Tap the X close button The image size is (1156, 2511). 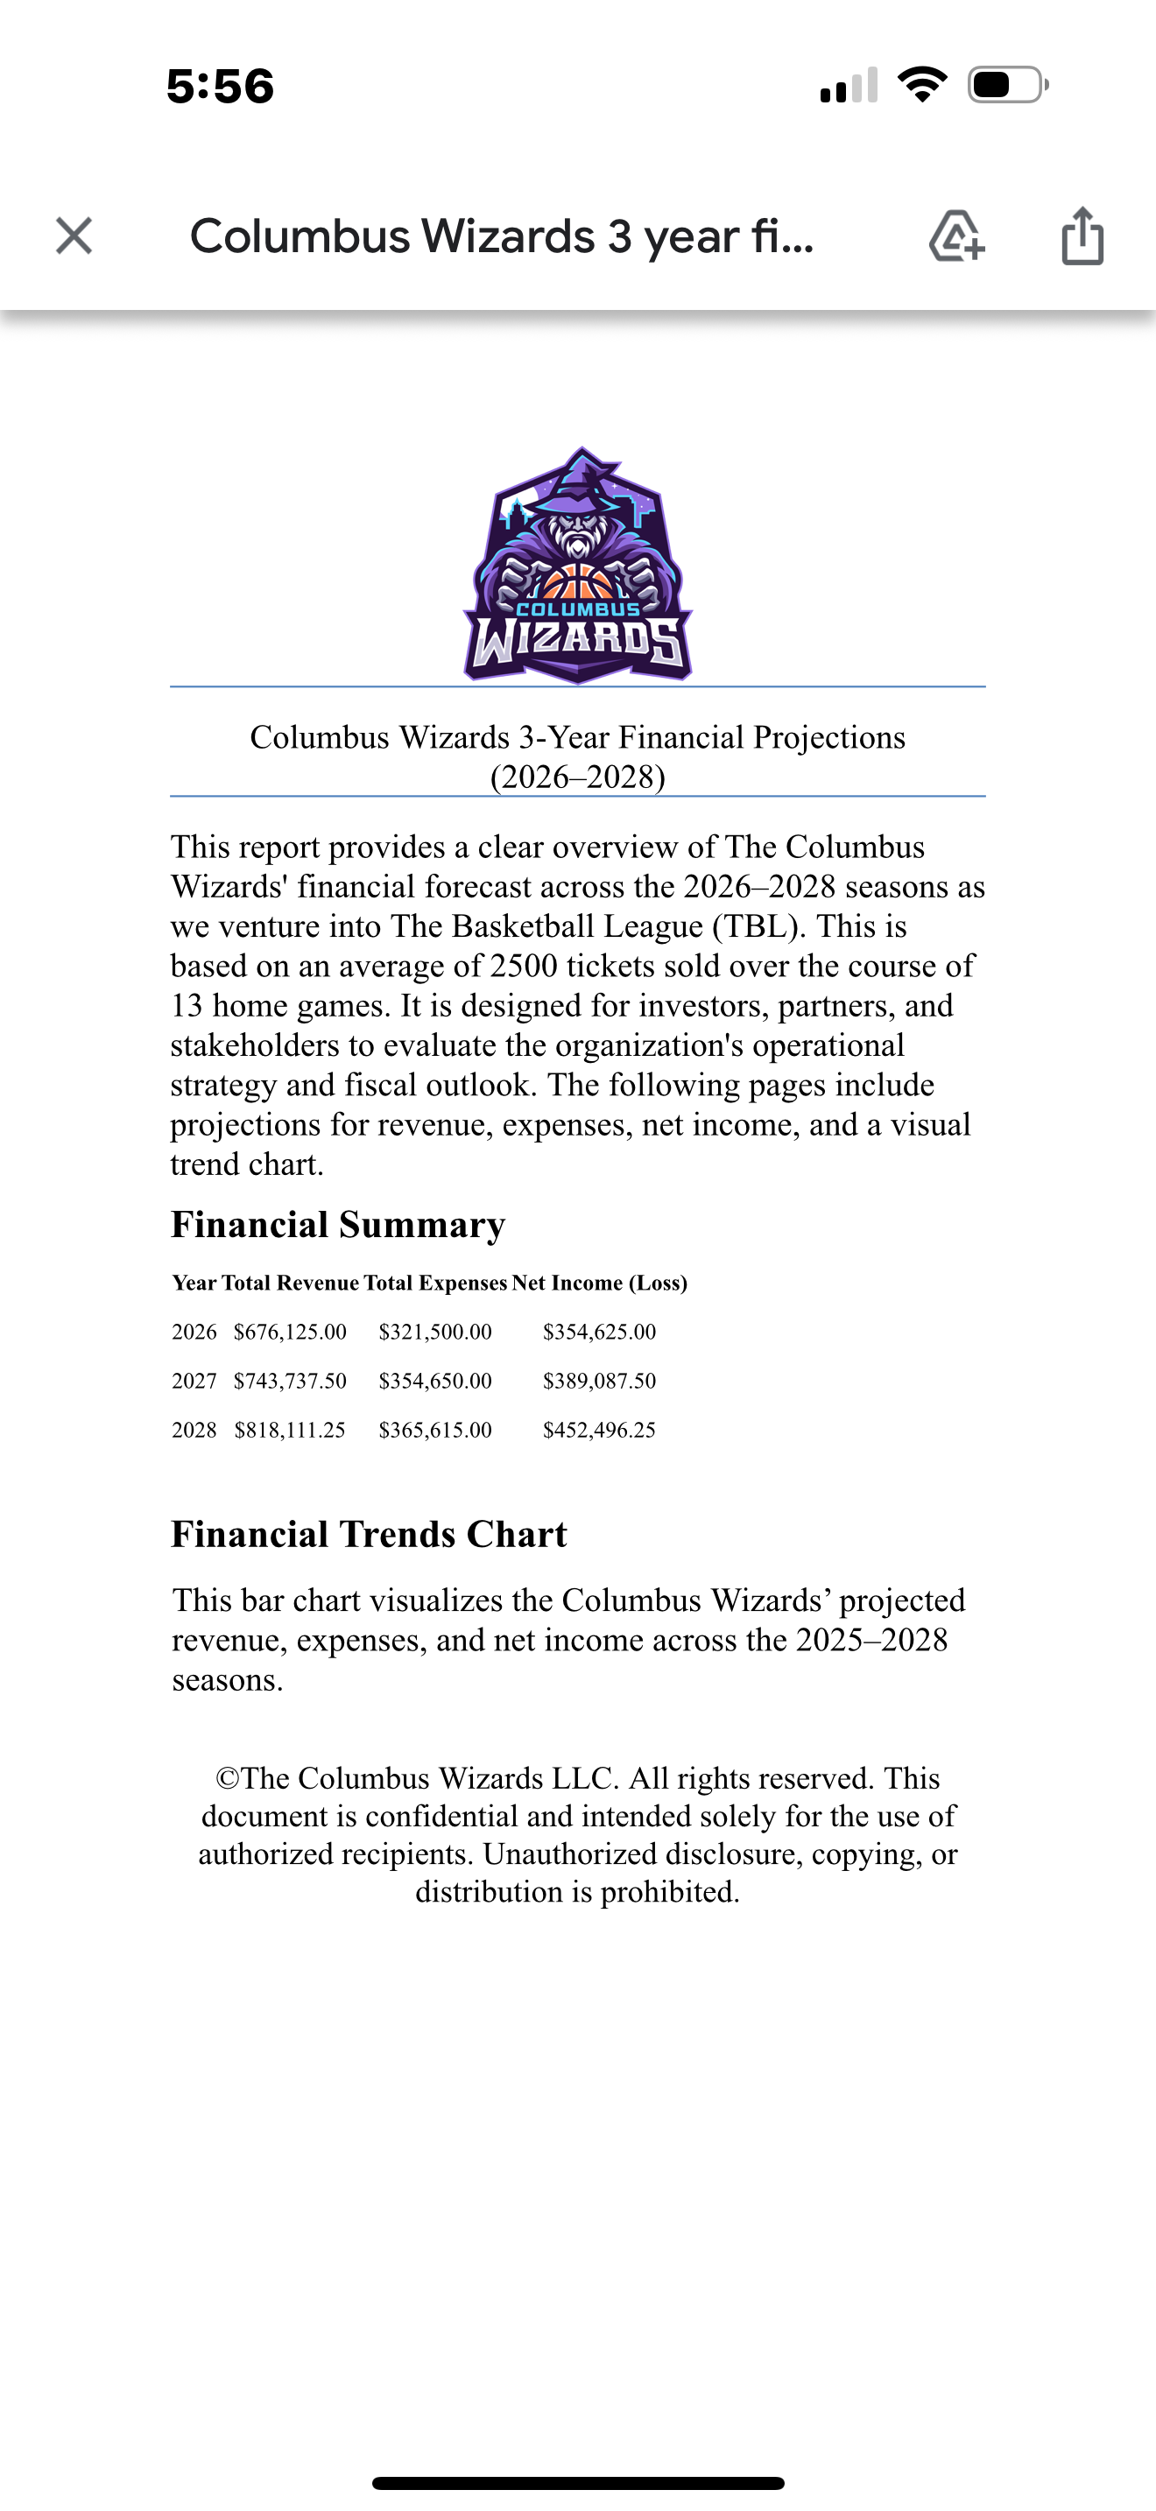click(74, 236)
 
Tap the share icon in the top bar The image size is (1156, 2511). click(1082, 236)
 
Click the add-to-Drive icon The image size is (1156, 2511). click(956, 236)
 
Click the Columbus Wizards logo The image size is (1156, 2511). click(578, 566)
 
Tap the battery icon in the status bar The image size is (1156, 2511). click(1007, 85)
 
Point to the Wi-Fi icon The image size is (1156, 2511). click(922, 85)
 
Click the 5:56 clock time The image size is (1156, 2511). click(221, 86)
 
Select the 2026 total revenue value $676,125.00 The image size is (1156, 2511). click(290, 1332)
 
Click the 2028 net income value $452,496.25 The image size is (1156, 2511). click(599, 1430)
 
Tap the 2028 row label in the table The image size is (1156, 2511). click(194, 1430)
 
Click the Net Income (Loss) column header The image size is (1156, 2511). click(599, 1283)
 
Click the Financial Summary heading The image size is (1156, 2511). click(338, 1224)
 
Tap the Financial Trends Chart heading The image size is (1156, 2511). click(369, 1534)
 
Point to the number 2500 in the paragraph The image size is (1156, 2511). click(524, 966)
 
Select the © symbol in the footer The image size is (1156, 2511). click(227, 1779)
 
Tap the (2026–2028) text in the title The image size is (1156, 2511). click(578, 777)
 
